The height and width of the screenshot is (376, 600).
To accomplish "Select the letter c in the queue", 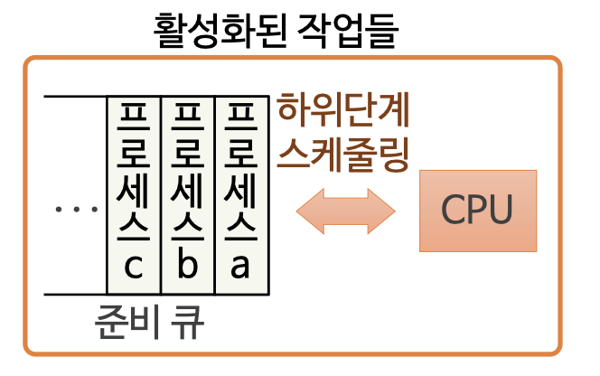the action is coord(134,268).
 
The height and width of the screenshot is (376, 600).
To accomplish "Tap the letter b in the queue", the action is coord(187,268).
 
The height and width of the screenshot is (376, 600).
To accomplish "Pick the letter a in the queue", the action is coord(240,268).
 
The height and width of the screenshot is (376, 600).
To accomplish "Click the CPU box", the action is coord(477,211).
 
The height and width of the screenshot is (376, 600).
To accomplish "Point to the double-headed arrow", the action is coord(346,211).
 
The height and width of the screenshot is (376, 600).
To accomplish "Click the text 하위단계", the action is coord(343,112).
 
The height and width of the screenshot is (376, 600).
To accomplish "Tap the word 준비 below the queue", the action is coord(124,324).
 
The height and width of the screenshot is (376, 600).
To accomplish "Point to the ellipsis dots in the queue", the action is coord(76,210).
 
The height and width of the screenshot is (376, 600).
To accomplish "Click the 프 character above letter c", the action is coord(134,117).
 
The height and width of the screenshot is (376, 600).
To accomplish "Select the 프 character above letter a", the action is coord(240,117).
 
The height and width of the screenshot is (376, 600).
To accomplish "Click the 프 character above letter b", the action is coord(187,117).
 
